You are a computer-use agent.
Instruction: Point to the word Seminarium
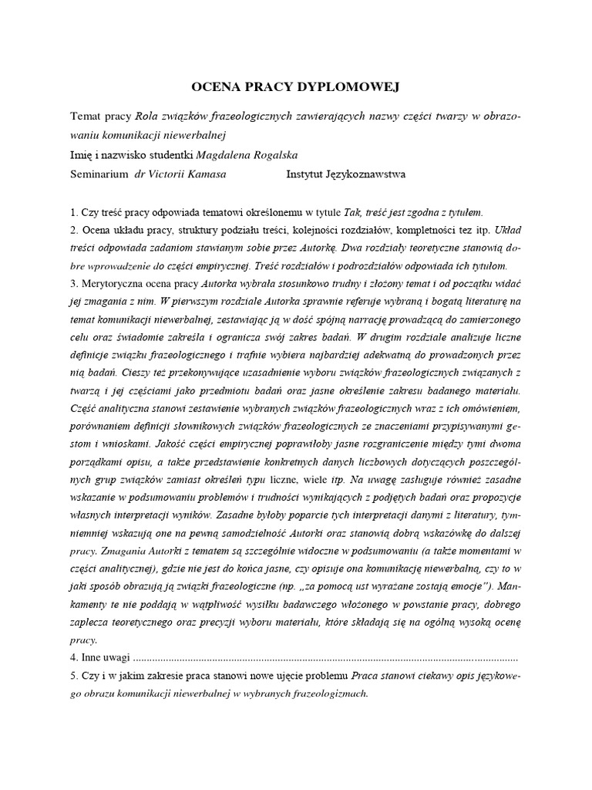(x=99, y=174)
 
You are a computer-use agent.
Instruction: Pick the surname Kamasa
(x=204, y=174)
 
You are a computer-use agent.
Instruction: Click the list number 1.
(x=73, y=211)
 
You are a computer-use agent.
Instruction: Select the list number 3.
(x=73, y=284)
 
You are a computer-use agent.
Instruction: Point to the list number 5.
(x=73, y=677)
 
